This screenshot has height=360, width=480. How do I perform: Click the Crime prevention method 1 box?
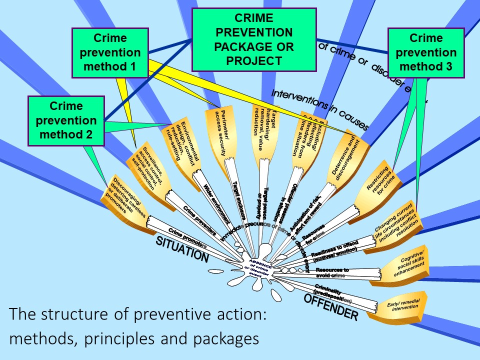pos(110,52)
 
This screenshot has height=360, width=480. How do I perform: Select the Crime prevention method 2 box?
pos(66,120)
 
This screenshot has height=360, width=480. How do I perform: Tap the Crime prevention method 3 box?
pos(426,52)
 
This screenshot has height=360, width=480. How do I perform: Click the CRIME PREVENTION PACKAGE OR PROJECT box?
pos(254,40)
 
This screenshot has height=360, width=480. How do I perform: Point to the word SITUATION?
pos(182,250)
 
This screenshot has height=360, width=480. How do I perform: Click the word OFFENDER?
pos(331,306)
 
